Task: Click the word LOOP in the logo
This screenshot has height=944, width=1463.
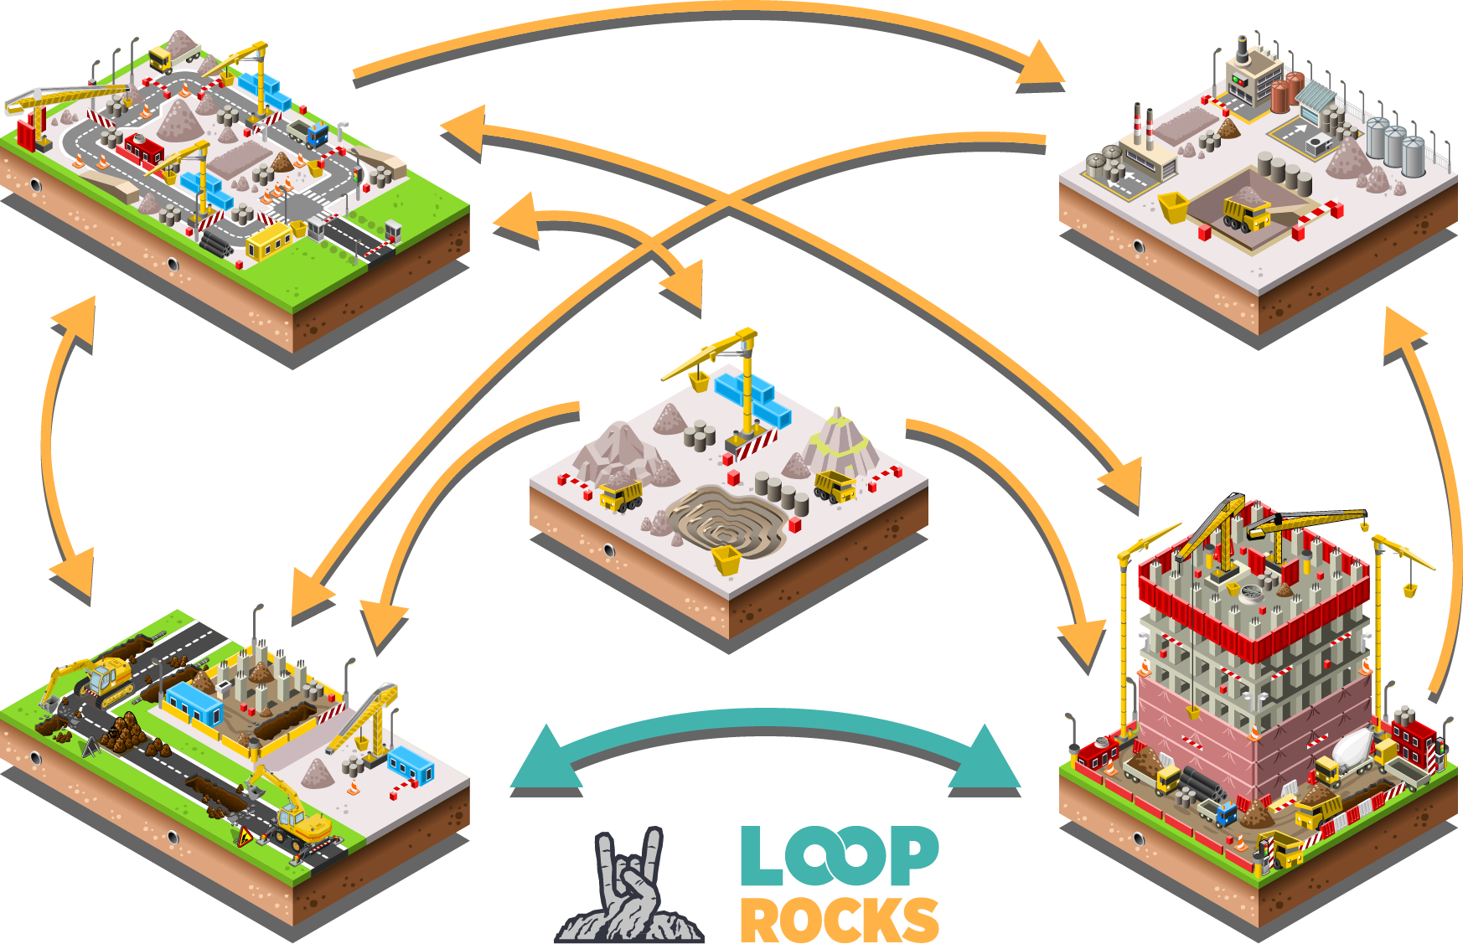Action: coord(838,856)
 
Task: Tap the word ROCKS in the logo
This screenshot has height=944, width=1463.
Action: coord(839,920)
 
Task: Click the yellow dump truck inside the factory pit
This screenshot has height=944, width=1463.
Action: coord(1246,214)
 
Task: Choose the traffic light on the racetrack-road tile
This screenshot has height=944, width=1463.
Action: coord(357,178)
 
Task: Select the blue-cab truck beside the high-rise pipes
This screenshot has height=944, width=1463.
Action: coord(1226,813)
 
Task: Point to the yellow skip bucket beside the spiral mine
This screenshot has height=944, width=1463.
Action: coord(726,560)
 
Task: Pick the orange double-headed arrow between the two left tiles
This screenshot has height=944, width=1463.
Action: coord(63,444)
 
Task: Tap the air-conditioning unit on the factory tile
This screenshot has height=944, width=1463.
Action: coord(1318,144)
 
